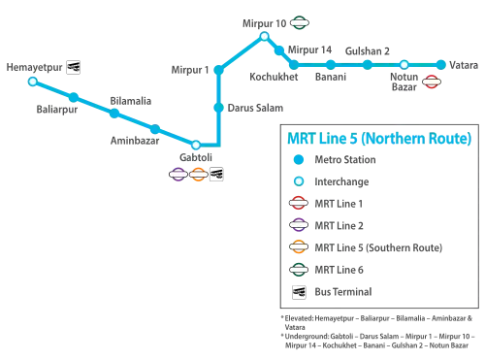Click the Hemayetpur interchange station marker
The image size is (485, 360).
pyautogui.click(x=33, y=82)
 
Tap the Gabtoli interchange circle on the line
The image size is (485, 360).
pyautogui.click(x=196, y=145)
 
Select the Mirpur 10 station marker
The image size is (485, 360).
pyautogui.click(x=264, y=37)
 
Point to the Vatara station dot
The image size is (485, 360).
pyautogui.click(x=440, y=65)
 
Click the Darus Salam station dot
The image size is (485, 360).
pyautogui.click(x=219, y=108)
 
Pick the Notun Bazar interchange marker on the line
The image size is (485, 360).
pyautogui.click(x=404, y=65)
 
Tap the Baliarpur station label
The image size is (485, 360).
pyautogui.click(x=57, y=110)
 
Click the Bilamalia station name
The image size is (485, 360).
pyautogui.click(x=131, y=101)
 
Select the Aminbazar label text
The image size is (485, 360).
pyautogui.click(x=135, y=141)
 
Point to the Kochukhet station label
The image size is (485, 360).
pyautogui.click(x=274, y=77)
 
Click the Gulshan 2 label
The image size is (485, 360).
pyautogui.click(x=368, y=51)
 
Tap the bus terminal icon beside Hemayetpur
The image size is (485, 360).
pyautogui.click(x=74, y=67)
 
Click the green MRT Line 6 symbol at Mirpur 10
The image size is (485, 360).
pyautogui.click(x=300, y=23)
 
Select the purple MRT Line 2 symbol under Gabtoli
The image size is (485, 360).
pyautogui.click(x=178, y=175)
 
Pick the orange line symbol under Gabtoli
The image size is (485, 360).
pyautogui.click(x=198, y=175)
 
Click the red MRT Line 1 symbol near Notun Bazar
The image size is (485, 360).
pyautogui.click(x=432, y=82)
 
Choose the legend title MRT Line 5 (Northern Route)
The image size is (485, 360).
pyautogui.click(x=379, y=138)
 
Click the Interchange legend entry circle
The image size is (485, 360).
pyautogui.click(x=299, y=181)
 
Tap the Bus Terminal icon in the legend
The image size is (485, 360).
pyautogui.click(x=299, y=292)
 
